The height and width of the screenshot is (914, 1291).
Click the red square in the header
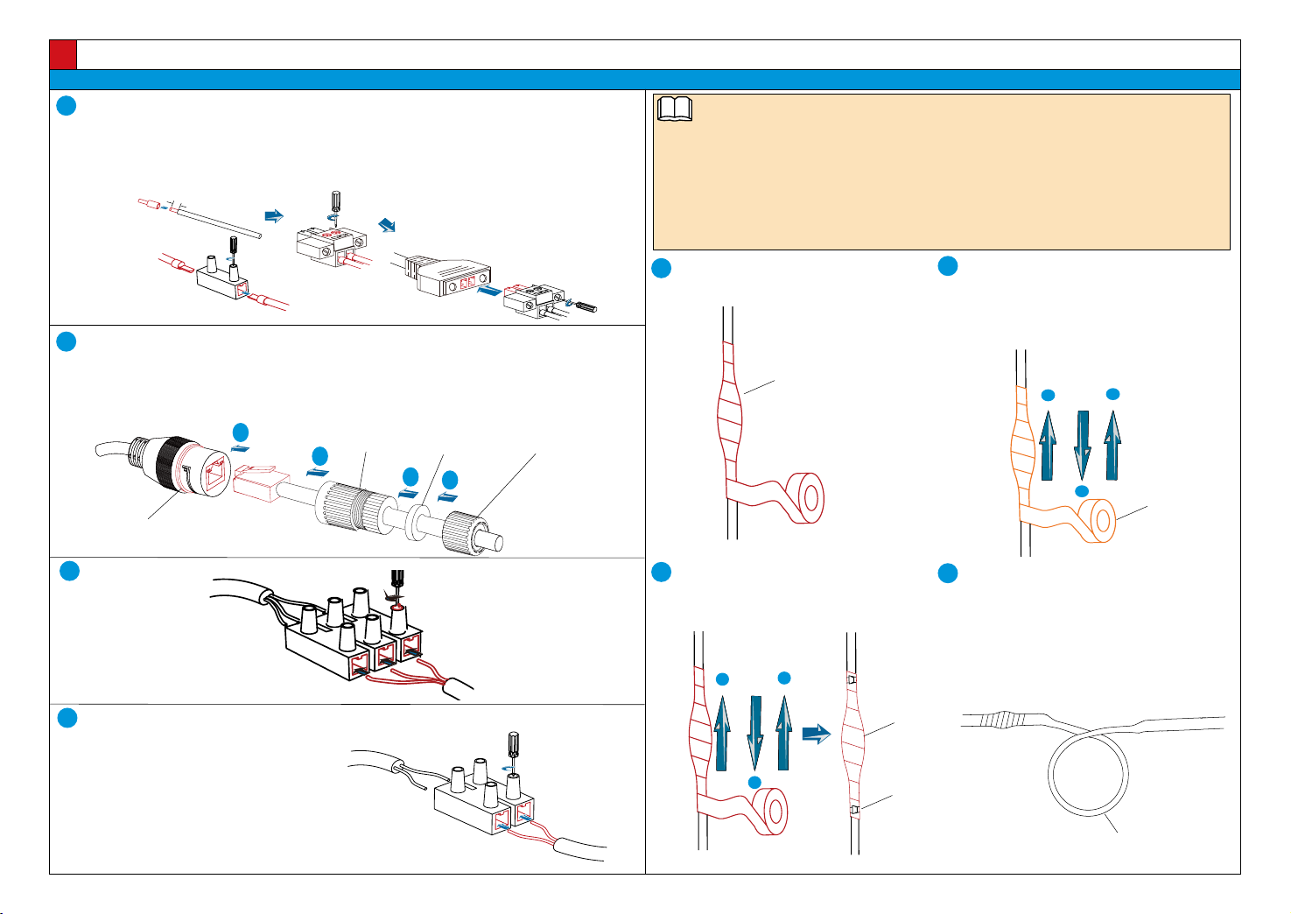[63, 54]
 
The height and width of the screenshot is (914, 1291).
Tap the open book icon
[674, 109]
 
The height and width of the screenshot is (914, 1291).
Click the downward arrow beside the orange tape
[1082, 444]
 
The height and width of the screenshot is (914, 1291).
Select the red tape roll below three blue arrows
[771, 810]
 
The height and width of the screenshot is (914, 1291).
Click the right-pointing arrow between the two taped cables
[816, 733]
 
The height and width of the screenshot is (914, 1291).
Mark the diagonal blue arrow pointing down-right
[387, 225]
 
